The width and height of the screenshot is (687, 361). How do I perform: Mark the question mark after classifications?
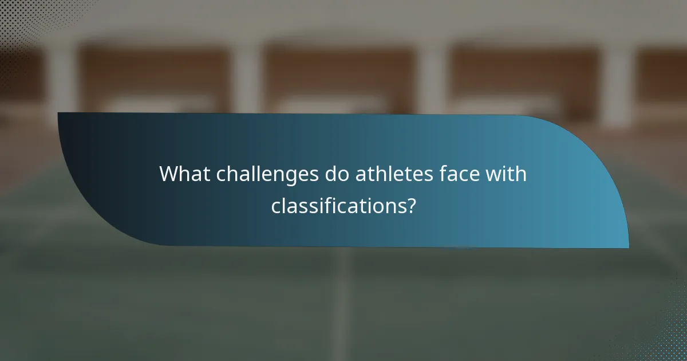pos(410,206)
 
